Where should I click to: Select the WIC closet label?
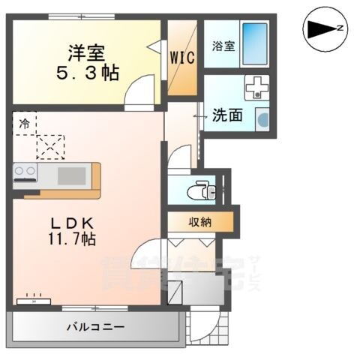pos(182,58)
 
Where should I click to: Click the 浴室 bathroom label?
pos(223,45)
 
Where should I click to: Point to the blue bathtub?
pos(256,46)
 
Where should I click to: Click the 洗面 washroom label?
pos(227,116)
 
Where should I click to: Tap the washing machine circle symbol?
pos(262,118)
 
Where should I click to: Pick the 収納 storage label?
pos(199,221)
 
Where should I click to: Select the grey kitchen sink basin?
pos(72,175)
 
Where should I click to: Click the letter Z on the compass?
pos(340,28)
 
